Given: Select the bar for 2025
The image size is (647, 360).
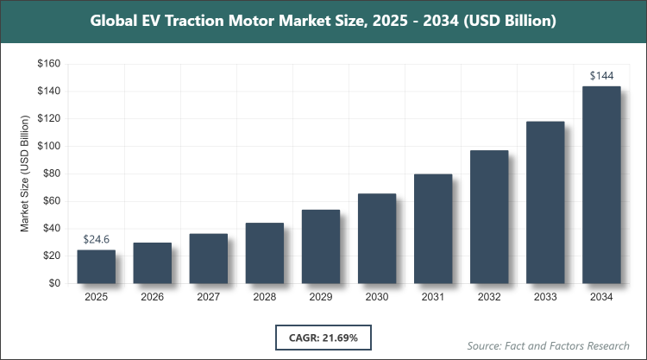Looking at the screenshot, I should pyautogui.click(x=96, y=266).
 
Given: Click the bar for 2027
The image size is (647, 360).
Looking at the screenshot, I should pyautogui.click(x=208, y=258).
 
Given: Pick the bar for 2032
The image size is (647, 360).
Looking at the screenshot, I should pyautogui.click(x=489, y=217).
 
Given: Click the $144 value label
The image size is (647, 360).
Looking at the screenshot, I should pyautogui.click(x=601, y=76).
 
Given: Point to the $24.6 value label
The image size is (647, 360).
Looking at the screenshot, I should pyautogui.click(x=96, y=239).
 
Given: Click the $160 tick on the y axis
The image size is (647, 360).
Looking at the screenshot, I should pyautogui.click(x=47, y=64).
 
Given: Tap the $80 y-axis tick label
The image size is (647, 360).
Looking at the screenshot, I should pyautogui.click(x=50, y=174).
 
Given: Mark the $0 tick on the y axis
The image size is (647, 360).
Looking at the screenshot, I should pyautogui.click(x=53, y=283).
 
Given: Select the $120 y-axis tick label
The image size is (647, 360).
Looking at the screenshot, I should pyautogui.click(x=47, y=118).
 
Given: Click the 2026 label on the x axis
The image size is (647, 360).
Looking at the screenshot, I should pyautogui.click(x=152, y=297).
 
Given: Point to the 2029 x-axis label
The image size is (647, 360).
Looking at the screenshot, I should pyautogui.click(x=321, y=297).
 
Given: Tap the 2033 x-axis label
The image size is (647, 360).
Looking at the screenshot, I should pyautogui.click(x=545, y=297).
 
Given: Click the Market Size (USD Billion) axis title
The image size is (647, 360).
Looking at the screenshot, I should pyautogui.click(x=25, y=174).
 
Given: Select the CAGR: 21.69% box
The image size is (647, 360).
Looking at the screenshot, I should pyautogui.click(x=323, y=336).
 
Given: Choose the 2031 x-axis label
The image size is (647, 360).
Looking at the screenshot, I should pyautogui.click(x=433, y=297).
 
